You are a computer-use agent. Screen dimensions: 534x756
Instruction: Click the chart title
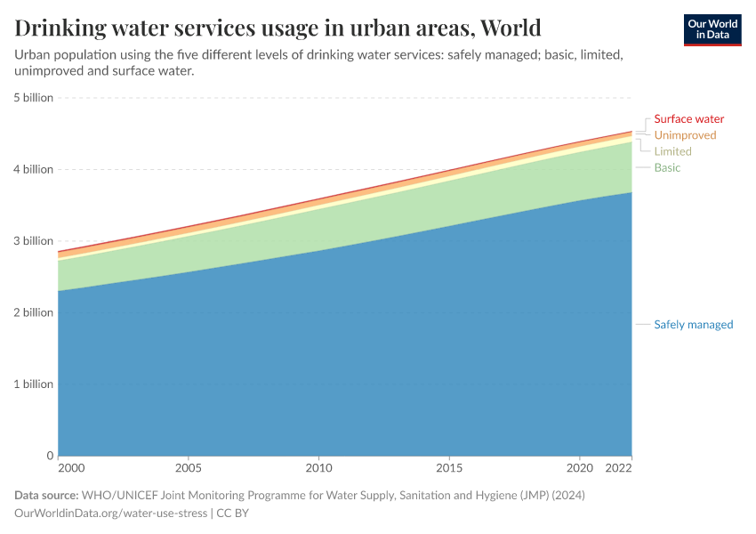(277, 28)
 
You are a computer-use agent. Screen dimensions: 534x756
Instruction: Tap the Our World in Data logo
(712, 29)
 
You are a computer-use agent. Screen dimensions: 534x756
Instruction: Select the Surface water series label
(688, 119)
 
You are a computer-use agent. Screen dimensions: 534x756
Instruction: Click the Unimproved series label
(685, 135)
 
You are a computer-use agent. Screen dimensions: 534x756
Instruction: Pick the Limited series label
(672, 151)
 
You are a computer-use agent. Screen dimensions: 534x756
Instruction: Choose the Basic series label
(667, 167)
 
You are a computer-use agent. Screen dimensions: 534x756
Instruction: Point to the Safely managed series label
(693, 325)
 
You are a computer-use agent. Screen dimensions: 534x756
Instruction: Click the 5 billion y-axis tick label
(33, 98)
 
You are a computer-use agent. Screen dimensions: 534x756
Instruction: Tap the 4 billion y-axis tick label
(33, 169)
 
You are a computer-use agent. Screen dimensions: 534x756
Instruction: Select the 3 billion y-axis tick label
(33, 241)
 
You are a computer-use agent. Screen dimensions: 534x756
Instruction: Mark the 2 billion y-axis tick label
(33, 312)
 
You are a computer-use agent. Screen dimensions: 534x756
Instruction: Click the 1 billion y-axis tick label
(33, 384)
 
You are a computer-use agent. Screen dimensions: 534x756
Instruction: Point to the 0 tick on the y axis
(50, 456)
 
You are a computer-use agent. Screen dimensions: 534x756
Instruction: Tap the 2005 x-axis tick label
(188, 467)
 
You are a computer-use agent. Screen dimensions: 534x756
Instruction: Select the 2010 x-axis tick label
(318, 467)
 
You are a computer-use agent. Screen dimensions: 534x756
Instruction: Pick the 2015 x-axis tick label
(449, 467)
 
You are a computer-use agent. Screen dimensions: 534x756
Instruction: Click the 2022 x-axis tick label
(618, 467)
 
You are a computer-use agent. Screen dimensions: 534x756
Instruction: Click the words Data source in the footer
(46, 495)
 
